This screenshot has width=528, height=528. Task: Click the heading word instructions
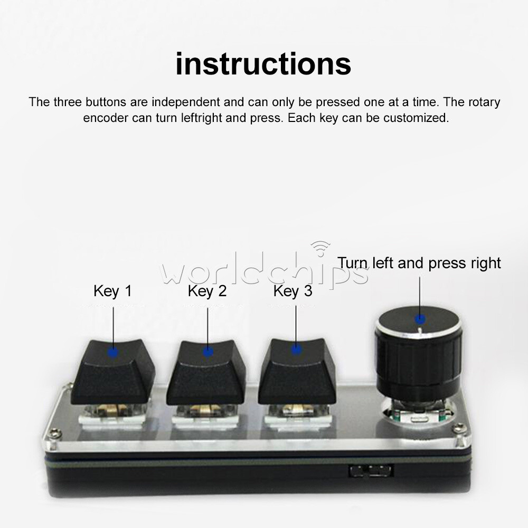click(263, 64)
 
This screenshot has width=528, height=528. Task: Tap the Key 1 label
click(112, 291)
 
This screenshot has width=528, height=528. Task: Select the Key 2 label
click(207, 291)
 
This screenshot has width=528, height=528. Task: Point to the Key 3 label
click(293, 291)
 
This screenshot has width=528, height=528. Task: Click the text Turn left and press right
click(419, 263)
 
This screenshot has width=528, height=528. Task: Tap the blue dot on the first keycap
click(113, 352)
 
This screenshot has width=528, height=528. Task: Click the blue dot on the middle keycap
click(208, 351)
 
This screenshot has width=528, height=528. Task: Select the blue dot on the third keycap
click(296, 348)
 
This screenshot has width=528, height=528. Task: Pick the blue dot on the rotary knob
click(420, 319)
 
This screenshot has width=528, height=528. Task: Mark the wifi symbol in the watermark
click(320, 247)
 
